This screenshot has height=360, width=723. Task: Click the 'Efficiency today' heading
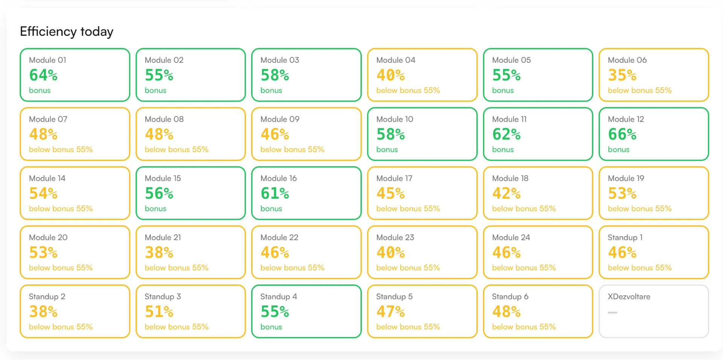pyautogui.click(x=67, y=32)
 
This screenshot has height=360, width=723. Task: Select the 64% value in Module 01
pyautogui.click(x=43, y=75)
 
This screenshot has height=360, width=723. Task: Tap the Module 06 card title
pyautogui.click(x=627, y=60)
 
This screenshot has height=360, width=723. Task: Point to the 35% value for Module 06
pyautogui.click(x=622, y=75)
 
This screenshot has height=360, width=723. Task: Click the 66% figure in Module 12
pyautogui.click(x=622, y=134)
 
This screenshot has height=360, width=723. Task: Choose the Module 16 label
pyautogui.click(x=279, y=178)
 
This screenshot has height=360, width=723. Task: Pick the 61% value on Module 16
pyautogui.click(x=275, y=193)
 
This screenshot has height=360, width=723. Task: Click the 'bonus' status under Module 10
pyautogui.click(x=387, y=149)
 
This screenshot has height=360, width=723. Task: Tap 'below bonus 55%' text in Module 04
pyautogui.click(x=408, y=90)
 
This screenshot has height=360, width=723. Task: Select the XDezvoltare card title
pyautogui.click(x=629, y=296)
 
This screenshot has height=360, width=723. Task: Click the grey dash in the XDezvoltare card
pyautogui.click(x=613, y=313)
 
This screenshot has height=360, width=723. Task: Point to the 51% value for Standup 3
pyautogui.click(x=159, y=311)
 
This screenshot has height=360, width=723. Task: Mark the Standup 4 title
pyautogui.click(x=279, y=297)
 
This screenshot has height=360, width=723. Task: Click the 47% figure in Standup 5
pyautogui.click(x=390, y=311)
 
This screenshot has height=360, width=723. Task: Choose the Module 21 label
pyautogui.click(x=163, y=237)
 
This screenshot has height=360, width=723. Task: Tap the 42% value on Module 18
pyautogui.click(x=506, y=193)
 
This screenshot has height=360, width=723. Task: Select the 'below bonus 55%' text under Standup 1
pyautogui.click(x=640, y=268)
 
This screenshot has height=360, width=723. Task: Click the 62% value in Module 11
pyautogui.click(x=506, y=134)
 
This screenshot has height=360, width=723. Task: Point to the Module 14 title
pyautogui.click(x=47, y=178)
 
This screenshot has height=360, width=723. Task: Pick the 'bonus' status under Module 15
pyautogui.click(x=156, y=209)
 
